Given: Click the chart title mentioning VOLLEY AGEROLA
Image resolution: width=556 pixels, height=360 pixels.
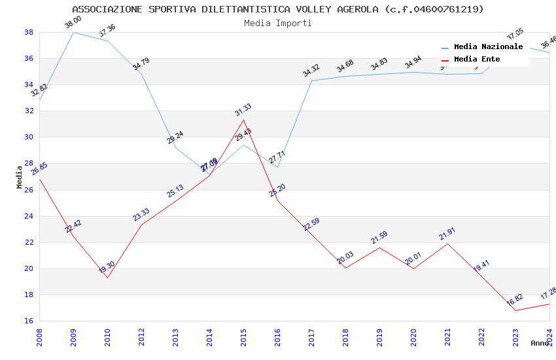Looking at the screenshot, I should (278, 9).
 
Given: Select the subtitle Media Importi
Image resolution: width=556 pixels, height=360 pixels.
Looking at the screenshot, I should (278, 23).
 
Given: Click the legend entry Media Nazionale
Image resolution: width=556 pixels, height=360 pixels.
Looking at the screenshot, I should (488, 47).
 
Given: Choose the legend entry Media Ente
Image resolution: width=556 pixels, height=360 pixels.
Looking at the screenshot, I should (477, 59).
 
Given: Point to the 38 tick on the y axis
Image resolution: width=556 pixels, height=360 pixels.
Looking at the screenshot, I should (29, 32).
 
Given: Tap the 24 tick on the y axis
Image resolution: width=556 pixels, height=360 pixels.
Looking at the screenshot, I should (29, 216).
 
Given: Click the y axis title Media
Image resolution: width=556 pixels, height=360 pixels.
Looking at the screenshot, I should (20, 177).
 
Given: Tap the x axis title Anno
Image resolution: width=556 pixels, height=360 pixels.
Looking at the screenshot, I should (540, 343).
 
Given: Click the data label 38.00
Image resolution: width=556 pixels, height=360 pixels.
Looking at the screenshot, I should (73, 24).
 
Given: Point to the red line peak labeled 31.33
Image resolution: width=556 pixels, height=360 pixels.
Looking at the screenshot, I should (243, 120).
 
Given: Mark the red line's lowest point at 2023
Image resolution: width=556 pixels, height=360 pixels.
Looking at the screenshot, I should (515, 310).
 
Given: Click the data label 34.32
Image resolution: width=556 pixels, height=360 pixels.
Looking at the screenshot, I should (311, 71).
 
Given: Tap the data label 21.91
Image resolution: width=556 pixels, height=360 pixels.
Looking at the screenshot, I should (447, 234).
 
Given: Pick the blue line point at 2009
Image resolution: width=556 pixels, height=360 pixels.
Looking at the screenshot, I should (73, 32).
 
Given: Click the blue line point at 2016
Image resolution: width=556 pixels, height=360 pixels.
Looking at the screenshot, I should (277, 167).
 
